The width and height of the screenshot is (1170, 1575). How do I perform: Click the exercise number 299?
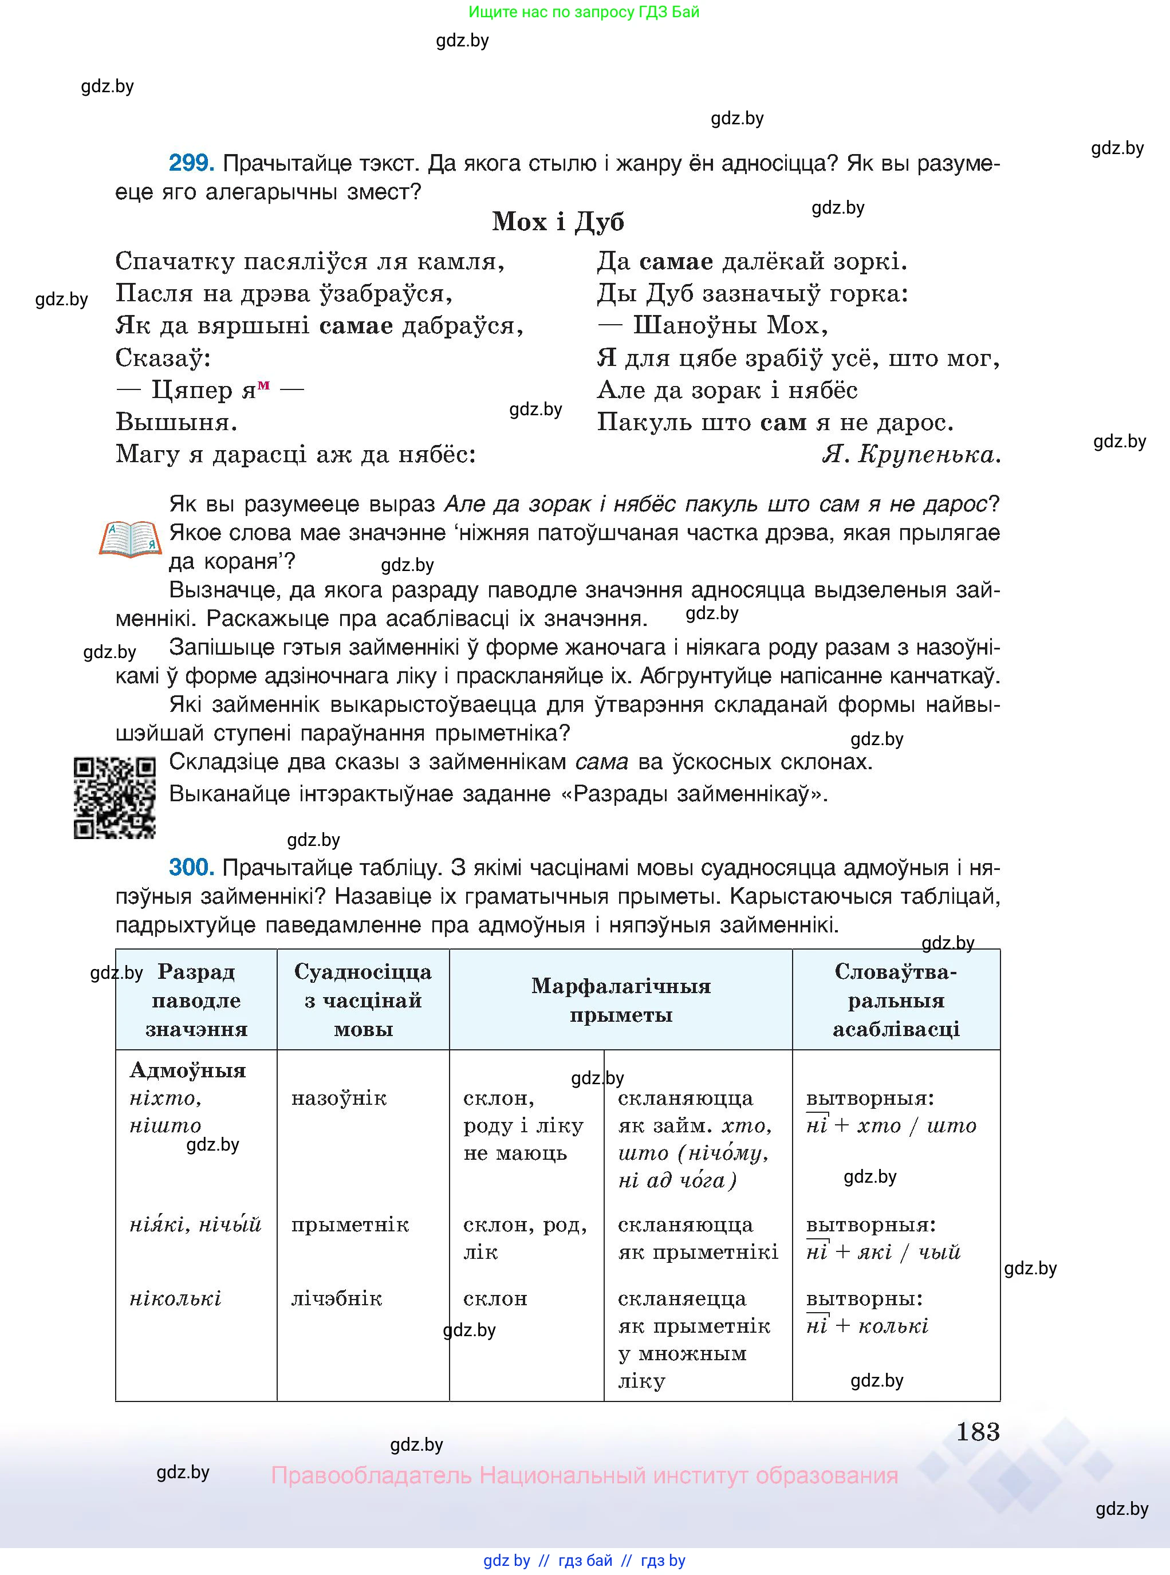(191, 164)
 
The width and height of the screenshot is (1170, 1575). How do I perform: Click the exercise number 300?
(191, 868)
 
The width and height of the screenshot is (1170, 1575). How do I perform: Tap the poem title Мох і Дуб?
(558, 222)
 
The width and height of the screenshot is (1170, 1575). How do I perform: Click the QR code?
(114, 798)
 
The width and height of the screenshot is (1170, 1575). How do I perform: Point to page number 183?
(978, 1432)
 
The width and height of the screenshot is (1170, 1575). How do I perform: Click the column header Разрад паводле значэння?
(196, 1000)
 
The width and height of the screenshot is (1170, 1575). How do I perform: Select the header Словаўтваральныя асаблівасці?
(896, 1000)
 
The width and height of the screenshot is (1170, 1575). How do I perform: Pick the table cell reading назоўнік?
(338, 1098)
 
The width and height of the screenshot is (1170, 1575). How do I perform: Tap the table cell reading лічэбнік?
(336, 1298)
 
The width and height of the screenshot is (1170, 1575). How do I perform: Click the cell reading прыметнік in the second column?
(350, 1224)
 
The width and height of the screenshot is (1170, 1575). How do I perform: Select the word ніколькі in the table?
(176, 1298)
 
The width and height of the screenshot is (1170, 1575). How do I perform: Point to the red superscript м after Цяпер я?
(263, 384)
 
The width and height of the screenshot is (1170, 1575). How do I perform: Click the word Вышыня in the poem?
(176, 422)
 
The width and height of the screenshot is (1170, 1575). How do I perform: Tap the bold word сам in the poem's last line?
(783, 422)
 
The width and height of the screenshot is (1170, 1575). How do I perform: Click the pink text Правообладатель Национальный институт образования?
(584, 1475)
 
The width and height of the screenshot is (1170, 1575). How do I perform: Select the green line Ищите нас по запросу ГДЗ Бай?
(584, 11)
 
